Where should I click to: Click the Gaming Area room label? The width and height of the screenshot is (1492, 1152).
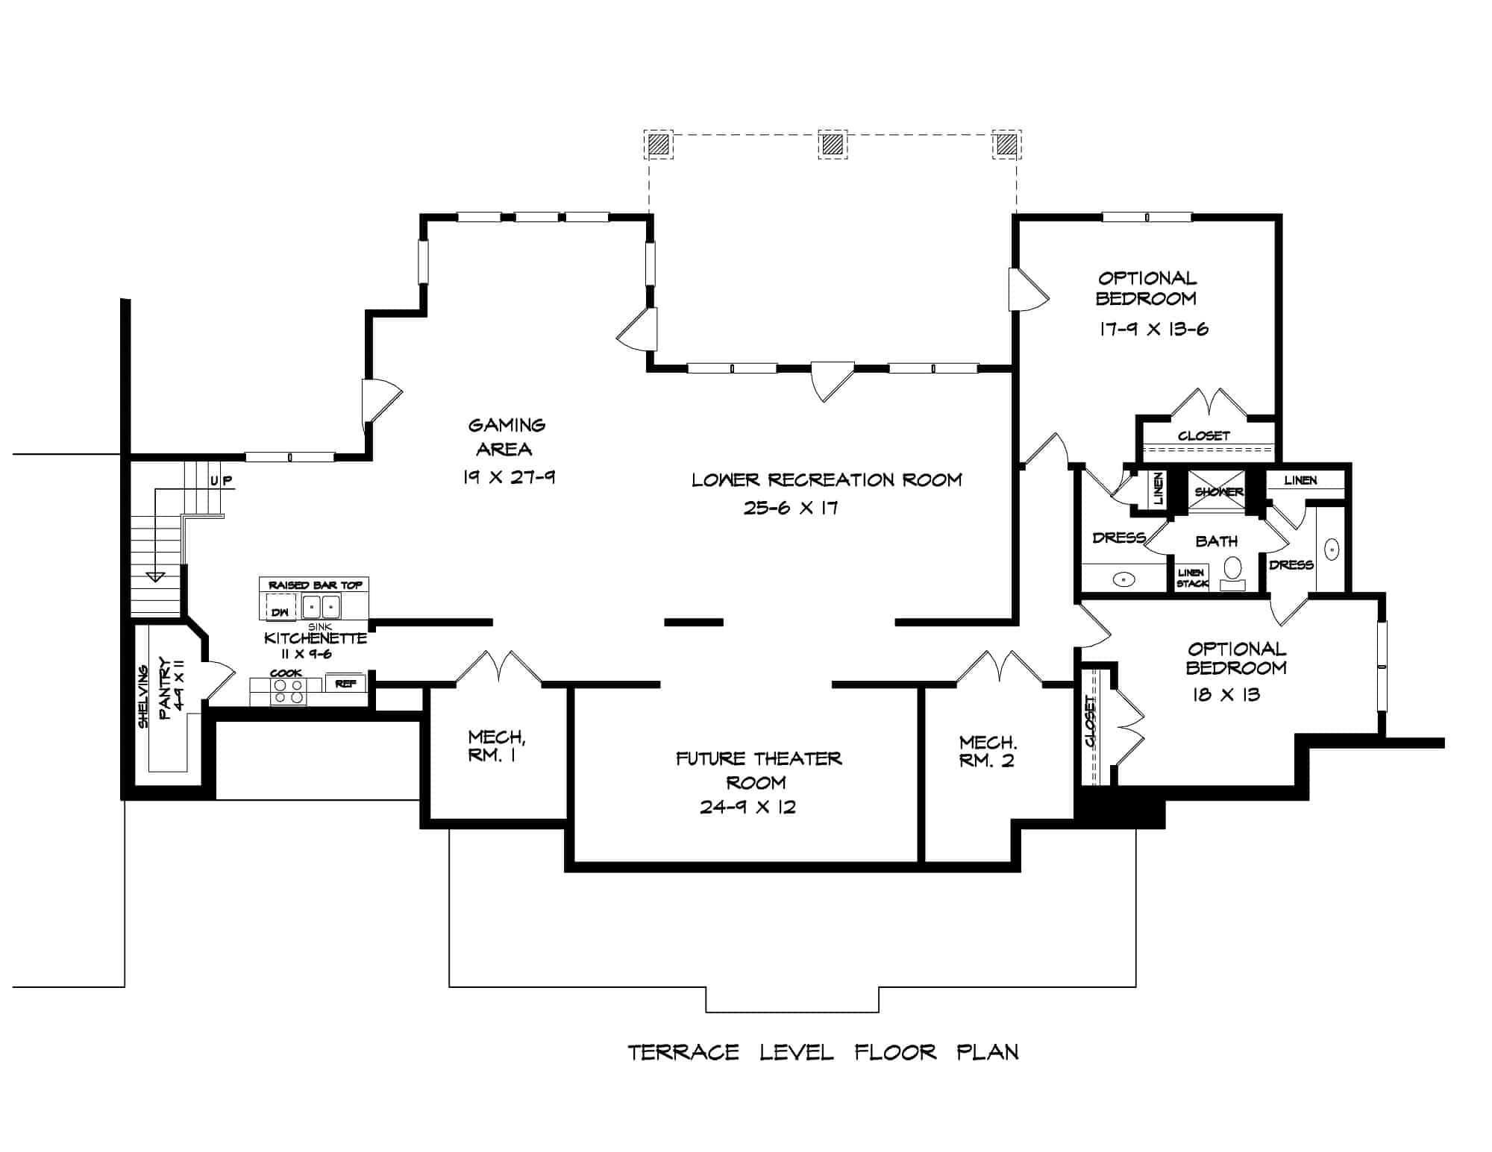click(x=507, y=437)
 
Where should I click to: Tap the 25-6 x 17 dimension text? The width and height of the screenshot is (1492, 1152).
click(x=790, y=508)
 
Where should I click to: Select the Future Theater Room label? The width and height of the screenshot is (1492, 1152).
click(x=758, y=770)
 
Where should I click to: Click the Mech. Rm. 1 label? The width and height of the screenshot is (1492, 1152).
click(x=496, y=746)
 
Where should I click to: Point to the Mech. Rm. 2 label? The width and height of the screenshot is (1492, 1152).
click(x=987, y=752)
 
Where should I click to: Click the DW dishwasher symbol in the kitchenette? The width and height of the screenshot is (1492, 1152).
click(x=280, y=611)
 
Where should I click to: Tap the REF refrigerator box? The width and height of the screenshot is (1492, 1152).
click(x=345, y=683)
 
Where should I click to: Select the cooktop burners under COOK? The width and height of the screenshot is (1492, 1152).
click(x=288, y=691)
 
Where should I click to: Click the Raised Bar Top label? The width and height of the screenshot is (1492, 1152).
click(x=315, y=585)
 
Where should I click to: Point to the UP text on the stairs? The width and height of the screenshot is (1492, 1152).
click(x=221, y=481)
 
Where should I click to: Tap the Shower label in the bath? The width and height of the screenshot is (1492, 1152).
click(x=1218, y=492)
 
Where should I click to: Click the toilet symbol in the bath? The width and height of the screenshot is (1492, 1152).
click(x=1232, y=571)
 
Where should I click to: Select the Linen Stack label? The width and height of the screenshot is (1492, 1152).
click(x=1191, y=578)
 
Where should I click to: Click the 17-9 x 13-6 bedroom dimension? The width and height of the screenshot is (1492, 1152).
click(x=1153, y=329)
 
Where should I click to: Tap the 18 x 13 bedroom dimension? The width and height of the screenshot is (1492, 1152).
click(x=1226, y=695)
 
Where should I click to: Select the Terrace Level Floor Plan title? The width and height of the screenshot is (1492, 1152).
click(x=823, y=1052)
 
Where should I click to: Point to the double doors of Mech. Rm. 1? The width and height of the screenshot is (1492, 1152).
click(x=498, y=667)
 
